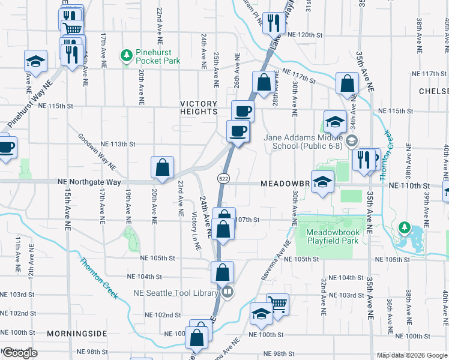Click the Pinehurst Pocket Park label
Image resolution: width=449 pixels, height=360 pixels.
[158, 56]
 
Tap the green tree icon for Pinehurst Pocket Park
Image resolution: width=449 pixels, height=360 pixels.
[126, 56]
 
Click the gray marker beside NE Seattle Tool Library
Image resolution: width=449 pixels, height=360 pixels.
[227, 293]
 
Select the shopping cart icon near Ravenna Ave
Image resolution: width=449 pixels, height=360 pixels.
[277, 304]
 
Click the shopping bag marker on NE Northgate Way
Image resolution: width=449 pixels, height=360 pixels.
[162, 167]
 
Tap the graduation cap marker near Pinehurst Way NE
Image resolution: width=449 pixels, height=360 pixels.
[35, 62]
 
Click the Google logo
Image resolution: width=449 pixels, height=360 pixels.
[19, 353]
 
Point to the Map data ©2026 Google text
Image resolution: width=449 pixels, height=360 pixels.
[411, 355]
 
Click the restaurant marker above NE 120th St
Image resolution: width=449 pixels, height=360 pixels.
[273, 23]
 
